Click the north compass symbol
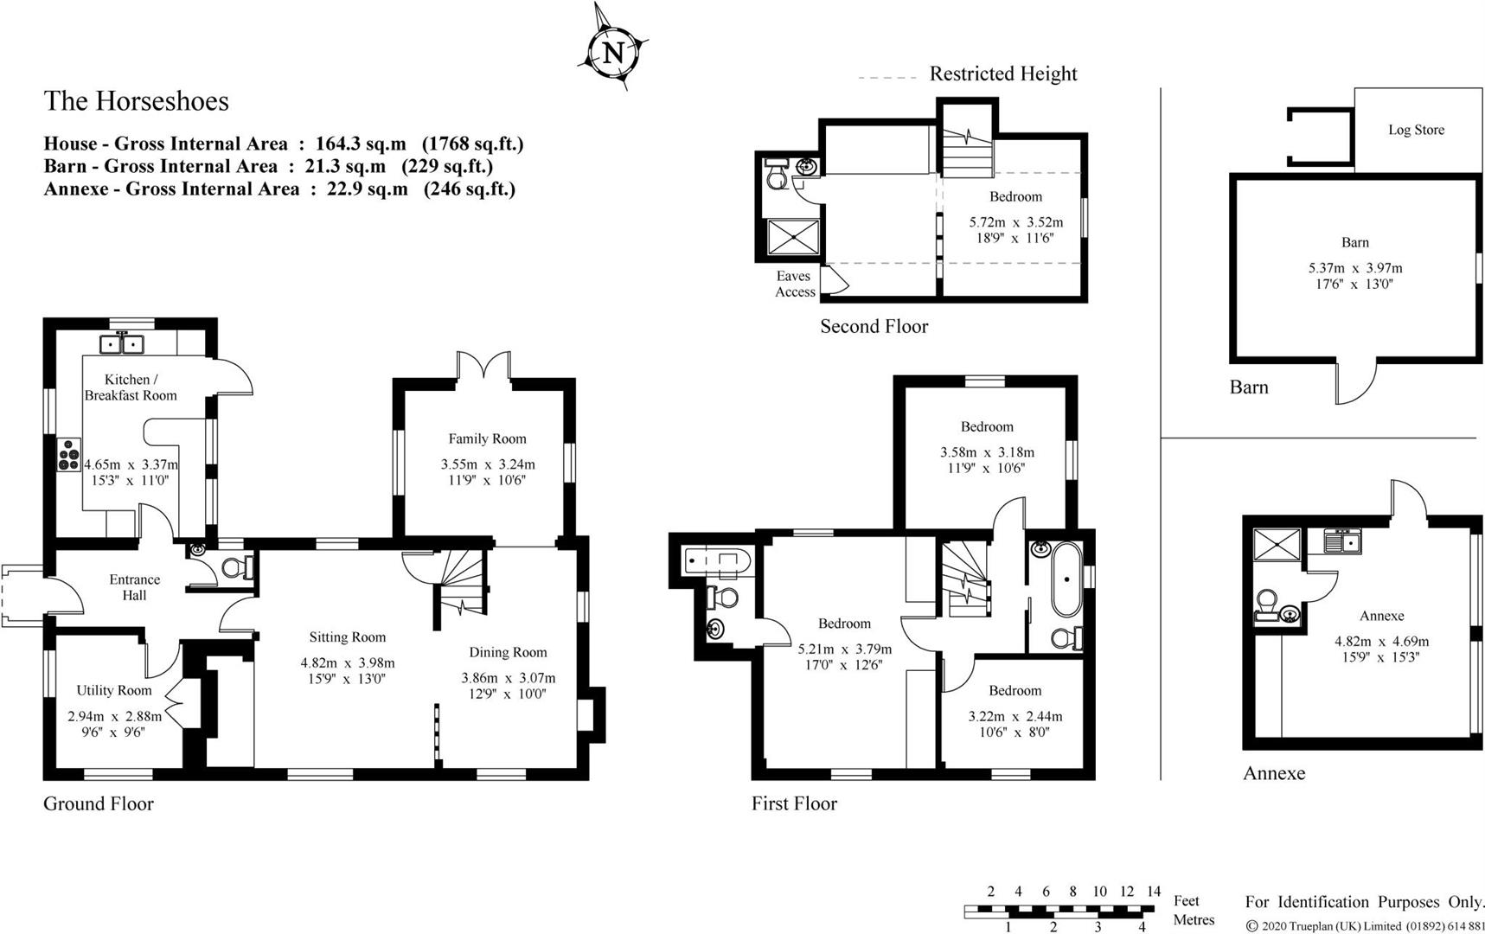(x=612, y=48)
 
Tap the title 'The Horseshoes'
(x=137, y=101)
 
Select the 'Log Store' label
(x=1416, y=130)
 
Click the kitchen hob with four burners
(x=68, y=455)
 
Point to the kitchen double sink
(x=122, y=344)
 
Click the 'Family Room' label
(x=487, y=438)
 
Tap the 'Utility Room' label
(x=113, y=690)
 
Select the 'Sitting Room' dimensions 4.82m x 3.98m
(x=348, y=663)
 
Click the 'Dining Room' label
(x=508, y=652)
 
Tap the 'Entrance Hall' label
(x=134, y=587)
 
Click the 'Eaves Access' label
(x=794, y=284)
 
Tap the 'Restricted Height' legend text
(x=1003, y=74)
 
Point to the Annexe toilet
(x=1267, y=605)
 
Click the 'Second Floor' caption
(x=874, y=326)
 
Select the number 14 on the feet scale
(x=1153, y=891)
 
